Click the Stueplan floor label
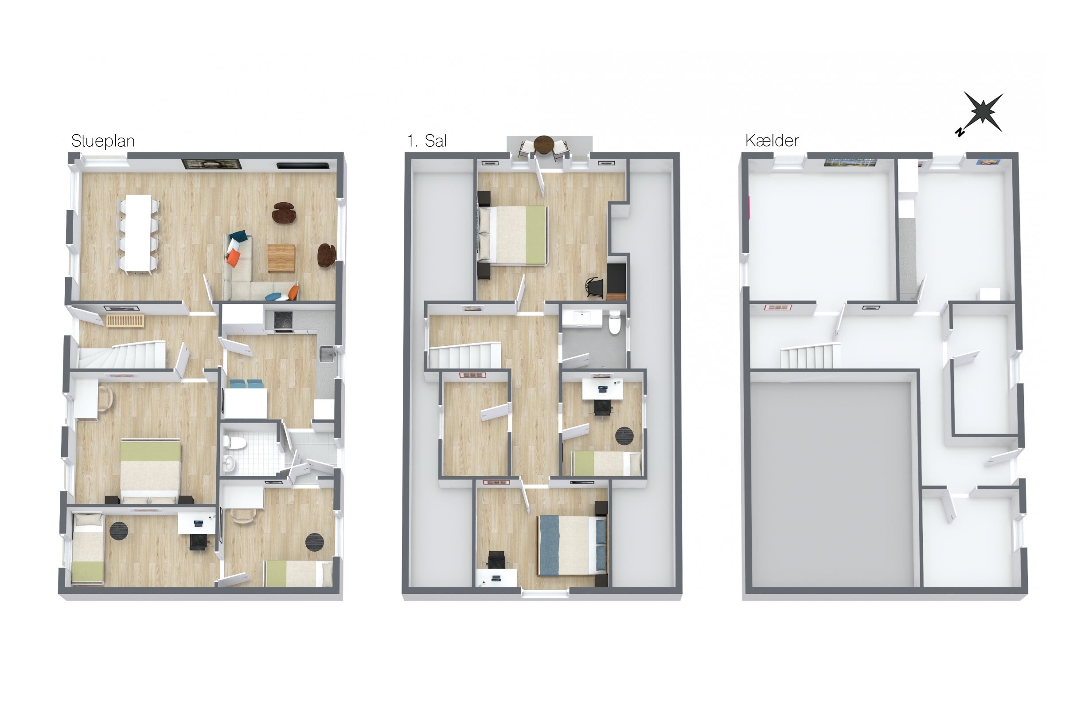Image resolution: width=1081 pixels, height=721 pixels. pos(103,141)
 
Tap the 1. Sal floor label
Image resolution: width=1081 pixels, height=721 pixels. pos(427,141)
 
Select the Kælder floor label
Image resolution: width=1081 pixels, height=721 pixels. pos(772,140)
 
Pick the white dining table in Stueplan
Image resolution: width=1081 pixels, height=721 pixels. pos(138,233)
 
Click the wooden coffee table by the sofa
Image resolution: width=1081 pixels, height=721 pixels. pos(281,258)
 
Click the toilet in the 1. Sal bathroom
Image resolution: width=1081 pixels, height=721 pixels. pos(614,321)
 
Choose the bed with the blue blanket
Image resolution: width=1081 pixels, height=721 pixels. pos(572,545)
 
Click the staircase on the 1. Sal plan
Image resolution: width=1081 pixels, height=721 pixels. pos(464,356)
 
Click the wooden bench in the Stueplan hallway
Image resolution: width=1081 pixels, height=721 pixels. pos(125,321)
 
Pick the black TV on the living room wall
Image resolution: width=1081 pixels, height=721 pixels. pos(303,165)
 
